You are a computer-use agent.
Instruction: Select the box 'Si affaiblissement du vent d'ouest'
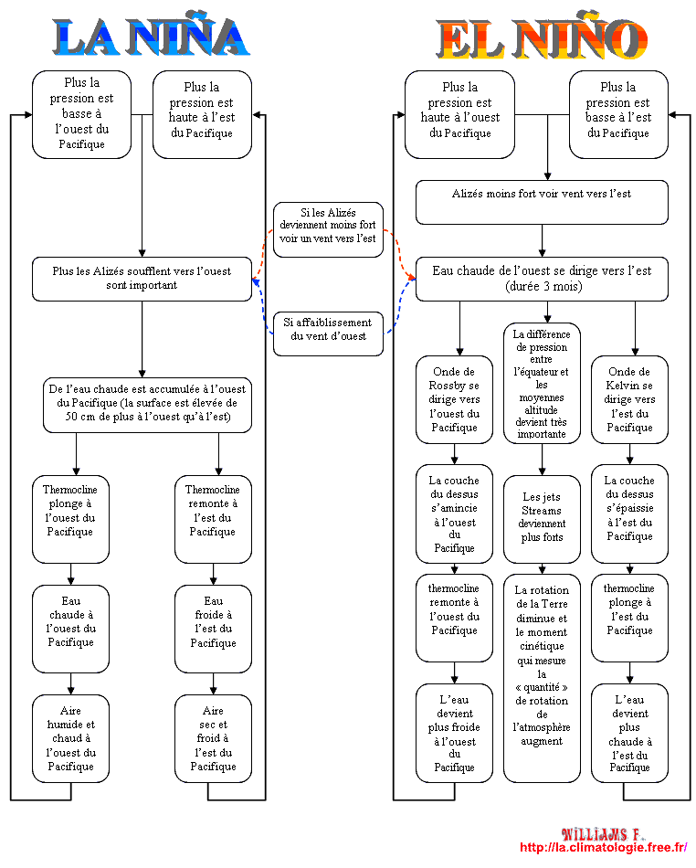point(328,333)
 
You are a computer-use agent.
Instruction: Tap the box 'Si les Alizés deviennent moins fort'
point(328,229)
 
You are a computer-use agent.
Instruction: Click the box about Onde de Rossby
point(454,399)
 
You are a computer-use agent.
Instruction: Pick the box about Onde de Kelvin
point(629,399)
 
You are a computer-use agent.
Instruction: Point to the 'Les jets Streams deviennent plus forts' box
point(542,519)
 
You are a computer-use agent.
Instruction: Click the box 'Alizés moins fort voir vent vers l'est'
point(542,202)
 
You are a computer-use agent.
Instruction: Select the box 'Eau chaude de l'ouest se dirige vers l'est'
point(542,279)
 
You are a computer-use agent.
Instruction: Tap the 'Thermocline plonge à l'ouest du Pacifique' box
point(71,519)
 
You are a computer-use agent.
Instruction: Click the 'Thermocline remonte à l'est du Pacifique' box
point(213,519)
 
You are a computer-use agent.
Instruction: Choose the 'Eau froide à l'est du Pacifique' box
point(213,629)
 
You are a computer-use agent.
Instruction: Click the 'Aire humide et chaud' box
point(71,738)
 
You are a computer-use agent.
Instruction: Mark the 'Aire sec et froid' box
point(213,738)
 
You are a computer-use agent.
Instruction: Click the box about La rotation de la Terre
point(542,678)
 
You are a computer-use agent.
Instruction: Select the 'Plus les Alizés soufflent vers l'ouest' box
point(142,279)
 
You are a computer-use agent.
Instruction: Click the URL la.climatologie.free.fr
point(604,848)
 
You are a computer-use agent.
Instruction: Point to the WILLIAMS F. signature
point(603,834)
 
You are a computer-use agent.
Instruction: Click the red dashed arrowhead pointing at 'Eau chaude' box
point(411,276)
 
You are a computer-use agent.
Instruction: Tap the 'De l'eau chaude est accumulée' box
point(147,405)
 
